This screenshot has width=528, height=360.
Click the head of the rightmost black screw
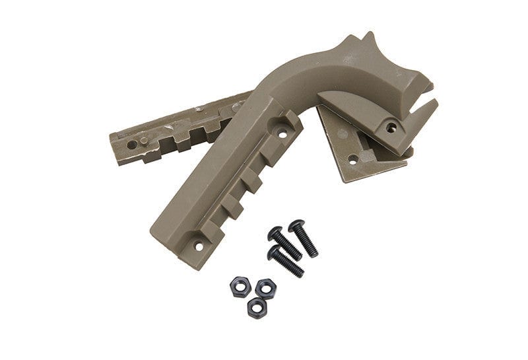(296, 226)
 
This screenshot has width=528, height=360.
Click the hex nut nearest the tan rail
(238, 286)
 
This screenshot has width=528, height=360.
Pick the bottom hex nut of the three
(257, 307)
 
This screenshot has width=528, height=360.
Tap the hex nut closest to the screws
(265, 287)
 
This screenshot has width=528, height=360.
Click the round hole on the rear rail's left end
(132, 144)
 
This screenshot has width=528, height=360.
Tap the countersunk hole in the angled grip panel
(391, 127)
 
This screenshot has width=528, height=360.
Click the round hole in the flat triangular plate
(353, 159)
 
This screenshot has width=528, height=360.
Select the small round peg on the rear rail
(197, 108)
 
